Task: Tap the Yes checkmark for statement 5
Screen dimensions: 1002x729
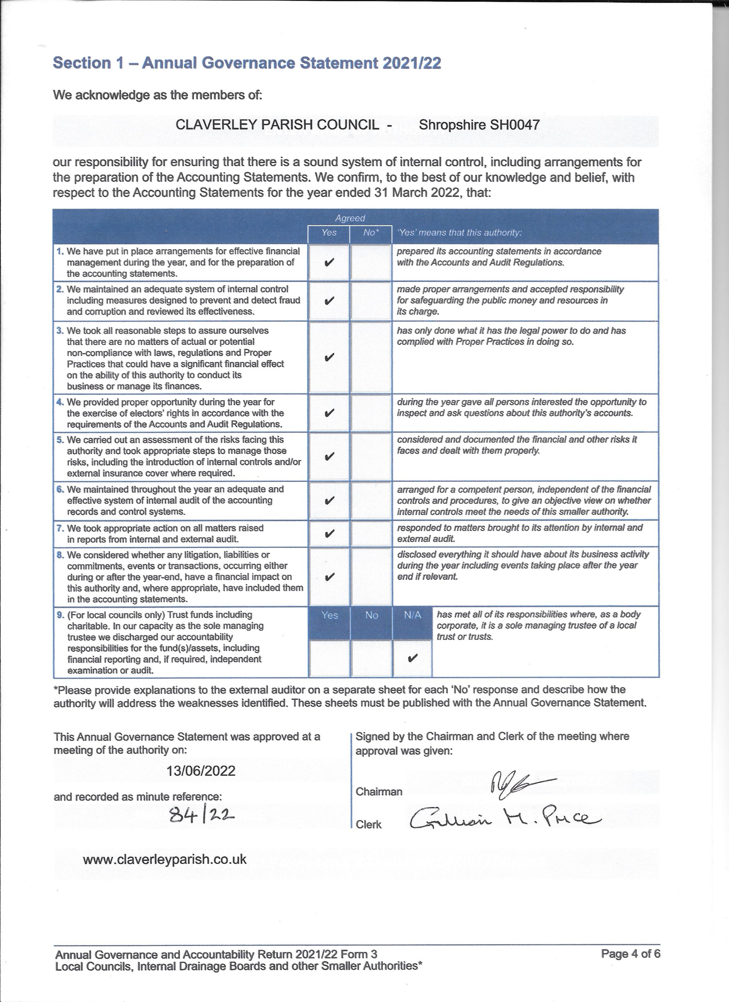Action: click(x=329, y=456)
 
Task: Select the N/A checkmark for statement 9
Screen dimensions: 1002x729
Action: click(x=412, y=658)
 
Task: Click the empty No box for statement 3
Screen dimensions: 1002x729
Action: click(x=371, y=357)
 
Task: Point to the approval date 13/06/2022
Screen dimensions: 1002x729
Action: click(x=201, y=771)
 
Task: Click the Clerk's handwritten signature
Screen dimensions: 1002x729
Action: click(x=504, y=820)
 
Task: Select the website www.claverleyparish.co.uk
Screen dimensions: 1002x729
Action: click(x=165, y=859)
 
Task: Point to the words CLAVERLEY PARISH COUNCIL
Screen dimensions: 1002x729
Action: click(x=277, y=125)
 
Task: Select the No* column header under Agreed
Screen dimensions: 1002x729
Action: click(x=371, y=232)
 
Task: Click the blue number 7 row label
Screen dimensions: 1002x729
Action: click(x=60, y=528)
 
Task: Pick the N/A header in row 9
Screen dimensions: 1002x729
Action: click(x=412, y=615)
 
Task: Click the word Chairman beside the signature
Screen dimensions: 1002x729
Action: click(x=379, y=791)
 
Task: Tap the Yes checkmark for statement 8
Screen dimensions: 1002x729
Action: click(x=329, y=577)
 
